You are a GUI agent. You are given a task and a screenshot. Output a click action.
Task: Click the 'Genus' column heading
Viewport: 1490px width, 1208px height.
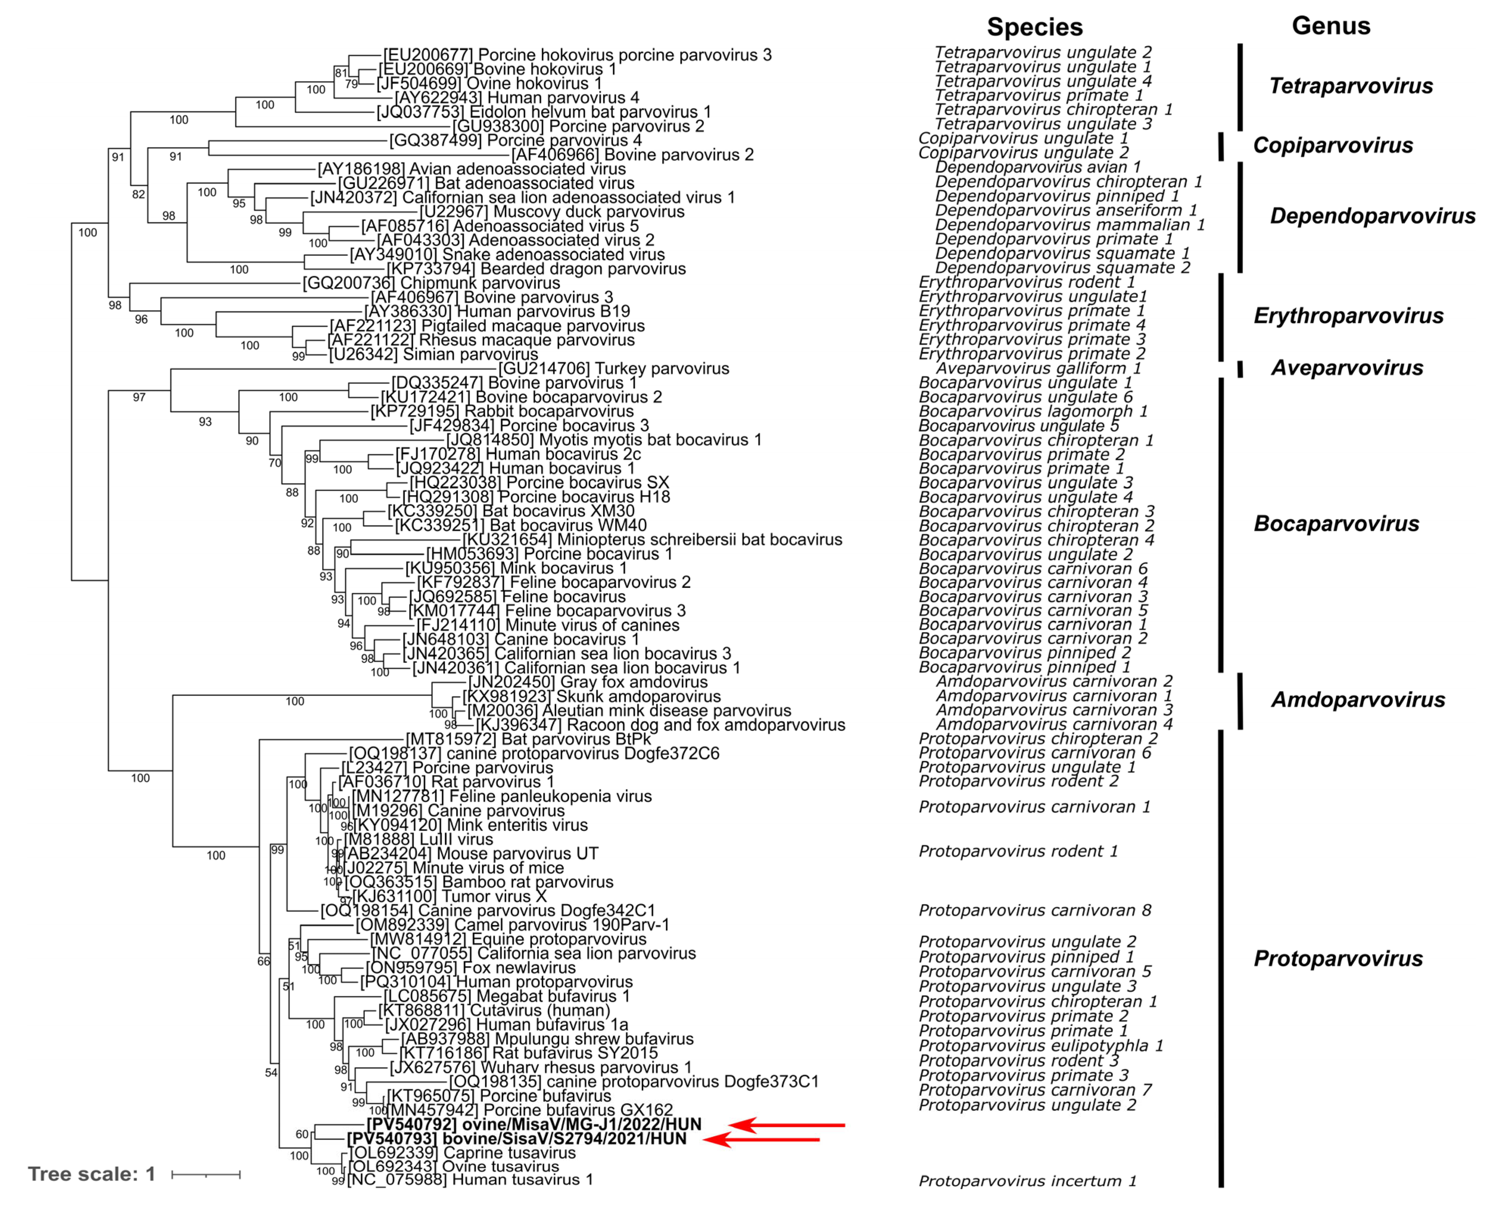[x=1331, y=26]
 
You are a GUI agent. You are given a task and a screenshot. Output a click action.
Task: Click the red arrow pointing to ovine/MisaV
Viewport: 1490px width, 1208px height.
[x=786, y=1124]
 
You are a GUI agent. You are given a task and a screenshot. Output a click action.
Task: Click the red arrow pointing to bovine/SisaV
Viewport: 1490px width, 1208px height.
[x=762, y=1139]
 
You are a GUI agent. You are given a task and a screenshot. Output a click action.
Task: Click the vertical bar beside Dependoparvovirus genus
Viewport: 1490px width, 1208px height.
[x=1240, y=217]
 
